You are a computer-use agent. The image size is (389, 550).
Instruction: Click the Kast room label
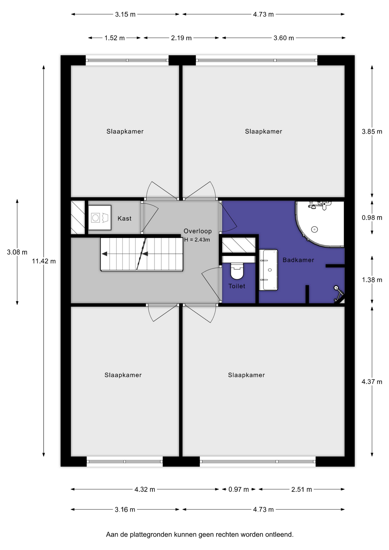click(x=124, y=218)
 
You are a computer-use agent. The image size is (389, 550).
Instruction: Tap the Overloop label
click(x=198, y=231)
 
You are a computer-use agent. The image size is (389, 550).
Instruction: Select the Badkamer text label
click(x=298, y=260)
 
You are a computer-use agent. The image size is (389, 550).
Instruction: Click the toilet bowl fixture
click(x=237, y=271)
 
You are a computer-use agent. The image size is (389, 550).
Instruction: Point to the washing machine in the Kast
click(x=99, y=218)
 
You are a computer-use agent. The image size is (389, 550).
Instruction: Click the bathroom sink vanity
click(x=268, y=270)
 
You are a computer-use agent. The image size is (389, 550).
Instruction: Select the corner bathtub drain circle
click(x=315, y=229)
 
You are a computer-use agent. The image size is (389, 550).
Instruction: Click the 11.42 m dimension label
click(x=44, y=261)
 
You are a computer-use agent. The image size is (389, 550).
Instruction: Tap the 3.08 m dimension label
click(x=17, y=252)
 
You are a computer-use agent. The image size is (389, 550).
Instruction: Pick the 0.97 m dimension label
click(x=238, y=489)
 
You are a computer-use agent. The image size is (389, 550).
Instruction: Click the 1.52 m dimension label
click(x=114, y=38)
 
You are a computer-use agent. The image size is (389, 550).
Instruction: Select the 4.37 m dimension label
click(x=372, y=382)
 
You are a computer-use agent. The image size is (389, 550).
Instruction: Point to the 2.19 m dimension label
click(x=181, y=38)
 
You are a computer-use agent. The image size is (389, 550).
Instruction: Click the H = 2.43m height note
click(x=197, y=239)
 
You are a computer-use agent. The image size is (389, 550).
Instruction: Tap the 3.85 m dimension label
click(x=372, y=131)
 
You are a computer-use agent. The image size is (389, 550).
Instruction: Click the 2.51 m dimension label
click(x=302, y=489)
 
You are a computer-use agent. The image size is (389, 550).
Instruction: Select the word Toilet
click(x=237, y=286)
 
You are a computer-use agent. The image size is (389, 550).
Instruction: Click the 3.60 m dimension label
click(x=284, y=38)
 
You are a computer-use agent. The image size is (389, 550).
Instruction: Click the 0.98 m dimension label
click(x=372, y=217)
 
